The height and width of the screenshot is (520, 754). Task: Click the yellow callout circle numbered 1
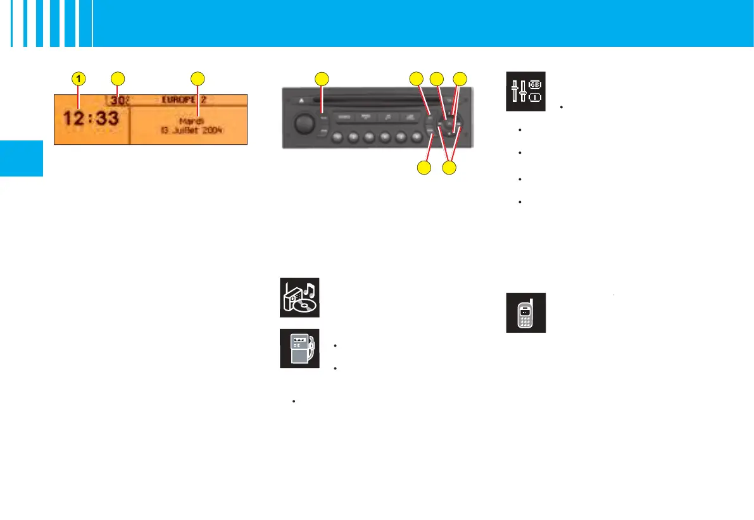pyautogui.click(x=78, y=78)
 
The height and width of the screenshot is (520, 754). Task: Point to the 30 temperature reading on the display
pyautogui.click(x=116, y=100)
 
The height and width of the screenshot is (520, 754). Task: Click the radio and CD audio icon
pyautogui.click(x=300, y=297)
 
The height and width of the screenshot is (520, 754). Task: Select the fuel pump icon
pyautogui.click(x=300, y=349)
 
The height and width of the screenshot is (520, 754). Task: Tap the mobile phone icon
pyautogui.click(x=525, y=313)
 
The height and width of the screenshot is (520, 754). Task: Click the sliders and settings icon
pyautogui.click(x=525, y=90)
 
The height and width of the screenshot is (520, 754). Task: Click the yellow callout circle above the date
pyautogui.click(x=198, y=78)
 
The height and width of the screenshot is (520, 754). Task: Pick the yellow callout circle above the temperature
pyautogui.click(x=117, y=78)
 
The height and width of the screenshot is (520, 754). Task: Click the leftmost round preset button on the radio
pyautogui.click(x=337, y=136)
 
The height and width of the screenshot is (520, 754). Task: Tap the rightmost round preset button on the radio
pyautogui.click(x=417, y=136)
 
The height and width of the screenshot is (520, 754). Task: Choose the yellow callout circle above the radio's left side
pyautogui.click(x=322, y=78)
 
